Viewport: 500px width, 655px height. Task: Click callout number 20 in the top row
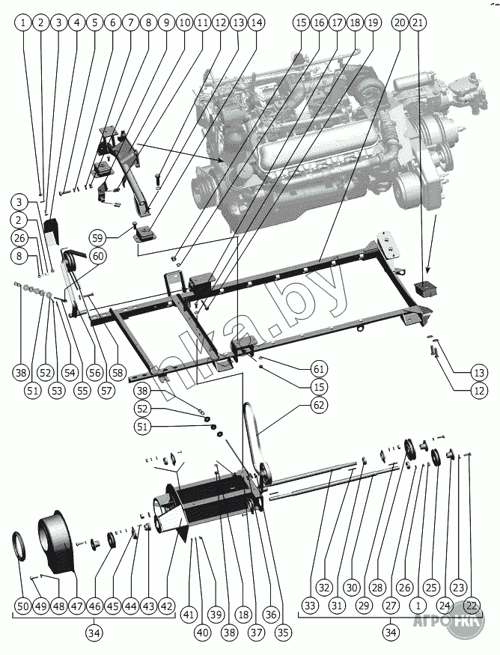[399, 23]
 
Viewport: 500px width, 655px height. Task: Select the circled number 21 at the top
[418, 23]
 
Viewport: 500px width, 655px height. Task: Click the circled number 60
[98, 255]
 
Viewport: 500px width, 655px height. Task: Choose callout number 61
[319, 368]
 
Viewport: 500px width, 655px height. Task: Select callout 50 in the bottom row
[22, 606]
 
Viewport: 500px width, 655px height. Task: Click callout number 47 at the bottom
[76, 606]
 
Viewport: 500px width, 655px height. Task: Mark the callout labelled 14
[256, 23]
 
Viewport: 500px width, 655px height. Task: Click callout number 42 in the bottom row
[166, 606]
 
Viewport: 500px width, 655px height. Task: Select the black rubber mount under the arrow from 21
[426, 289]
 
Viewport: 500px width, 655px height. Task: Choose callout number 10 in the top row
[184, 23]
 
